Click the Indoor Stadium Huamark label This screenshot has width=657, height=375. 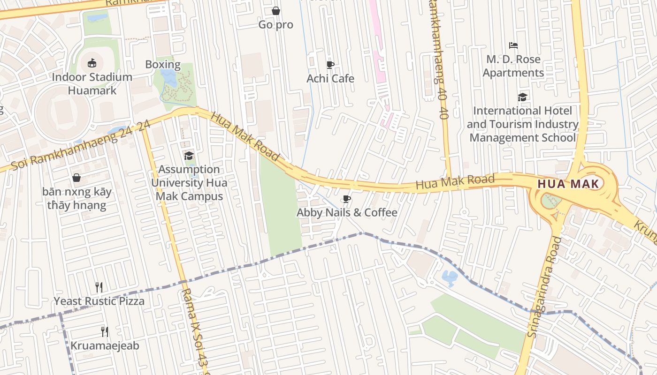(x=92, y=84)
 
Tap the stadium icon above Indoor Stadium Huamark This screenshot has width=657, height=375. (x=92, y=63)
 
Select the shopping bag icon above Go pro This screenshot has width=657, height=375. (x=276, y=11)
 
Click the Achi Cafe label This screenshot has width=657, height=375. (x=330, y=78)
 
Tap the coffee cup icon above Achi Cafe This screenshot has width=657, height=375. (x=330, y=65)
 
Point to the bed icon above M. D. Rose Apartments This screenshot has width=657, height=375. (x=513, y=45)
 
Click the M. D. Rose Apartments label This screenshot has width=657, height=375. (x=513, y=66)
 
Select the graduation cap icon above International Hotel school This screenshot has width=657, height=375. (x=522, y=97)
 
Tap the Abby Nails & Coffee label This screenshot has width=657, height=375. (x=347, y=213)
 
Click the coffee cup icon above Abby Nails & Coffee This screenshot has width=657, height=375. (x=346, y=199)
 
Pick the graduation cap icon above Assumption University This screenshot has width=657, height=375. (x=189, y=156)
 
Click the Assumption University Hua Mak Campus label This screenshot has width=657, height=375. (x=189, y=182)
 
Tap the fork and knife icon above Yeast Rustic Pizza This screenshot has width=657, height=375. (x=99, y=287)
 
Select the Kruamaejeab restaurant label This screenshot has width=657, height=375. (x=105, y=346)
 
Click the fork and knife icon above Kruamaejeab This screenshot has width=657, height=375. (x=105, y=332)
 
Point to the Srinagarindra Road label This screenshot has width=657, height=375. (x=545, y=287)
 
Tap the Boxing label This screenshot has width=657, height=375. (x=163, y=65)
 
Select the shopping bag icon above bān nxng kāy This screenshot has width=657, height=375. (x=76, y=178)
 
